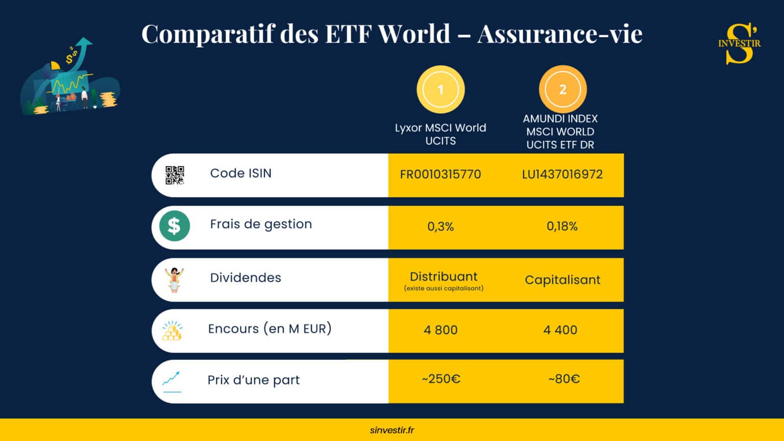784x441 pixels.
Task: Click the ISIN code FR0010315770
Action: click(440, 175)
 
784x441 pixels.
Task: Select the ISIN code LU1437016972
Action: click(562, 175)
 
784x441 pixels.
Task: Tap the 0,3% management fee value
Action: click(440, 227)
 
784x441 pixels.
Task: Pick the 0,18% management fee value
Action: click(562, 227)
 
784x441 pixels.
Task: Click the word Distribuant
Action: click(444, 277)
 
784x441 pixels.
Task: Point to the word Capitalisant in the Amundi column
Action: click(562, 280)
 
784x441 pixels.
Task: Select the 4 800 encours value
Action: click(440, 330)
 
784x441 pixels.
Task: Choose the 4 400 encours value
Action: click(560, 330)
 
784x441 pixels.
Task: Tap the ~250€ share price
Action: click(441, 379)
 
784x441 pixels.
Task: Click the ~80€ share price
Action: click(564, 379)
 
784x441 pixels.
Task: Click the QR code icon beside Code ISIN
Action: click(175, 175)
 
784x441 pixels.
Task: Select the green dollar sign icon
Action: click(174, 226)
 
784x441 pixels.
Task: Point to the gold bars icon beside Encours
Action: click(172, 331)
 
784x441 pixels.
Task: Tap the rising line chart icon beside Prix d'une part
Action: click(171, 381)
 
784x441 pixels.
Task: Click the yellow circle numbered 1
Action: click(440, 90)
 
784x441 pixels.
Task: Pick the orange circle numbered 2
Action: click(562, 90)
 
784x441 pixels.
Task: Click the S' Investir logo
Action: click(740, 44)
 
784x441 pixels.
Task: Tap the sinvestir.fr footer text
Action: click(392, 430)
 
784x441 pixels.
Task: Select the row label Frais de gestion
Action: click(261, 224)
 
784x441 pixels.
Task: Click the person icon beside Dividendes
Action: click(174, 280)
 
